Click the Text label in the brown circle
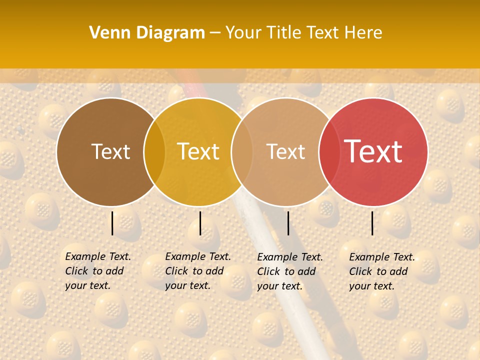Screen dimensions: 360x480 pos(110,151)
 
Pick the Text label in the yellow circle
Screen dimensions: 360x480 pos(198,151)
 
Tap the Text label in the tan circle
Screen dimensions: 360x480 pos(285,151)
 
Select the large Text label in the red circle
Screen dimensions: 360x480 pos(373,151)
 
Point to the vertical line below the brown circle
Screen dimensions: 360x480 pos(112,223)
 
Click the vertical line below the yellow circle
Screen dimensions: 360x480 pos(200,223)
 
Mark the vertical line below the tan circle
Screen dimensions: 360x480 pos(288,223)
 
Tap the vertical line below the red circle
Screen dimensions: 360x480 pos(372,223)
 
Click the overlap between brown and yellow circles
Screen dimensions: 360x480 pos(154,152)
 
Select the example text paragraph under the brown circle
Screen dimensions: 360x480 pos(97,271)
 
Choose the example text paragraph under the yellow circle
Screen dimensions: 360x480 pos(197,271)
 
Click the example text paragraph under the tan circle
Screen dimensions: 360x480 pos(289,271)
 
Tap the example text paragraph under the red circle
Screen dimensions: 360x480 pos(381,271)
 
